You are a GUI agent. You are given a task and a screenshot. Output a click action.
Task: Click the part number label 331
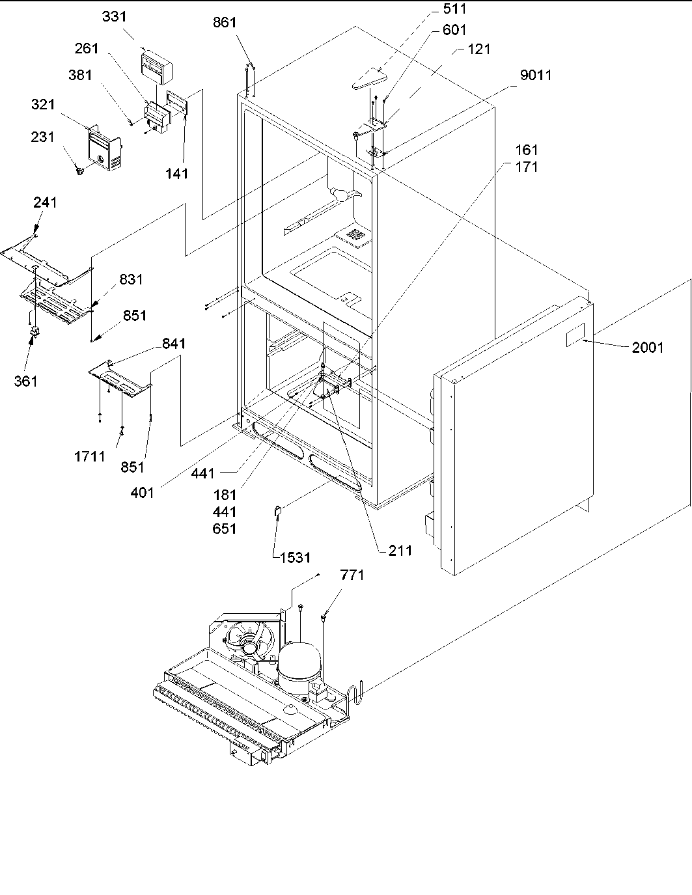click(x=115, y=18)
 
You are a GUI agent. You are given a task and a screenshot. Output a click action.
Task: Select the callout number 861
click(x=225, y=23)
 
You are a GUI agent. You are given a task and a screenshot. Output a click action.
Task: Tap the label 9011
click(x=535, y=76)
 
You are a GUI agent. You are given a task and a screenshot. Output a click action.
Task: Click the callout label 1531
click(x=295, y=557)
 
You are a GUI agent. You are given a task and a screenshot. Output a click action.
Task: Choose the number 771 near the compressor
click(x=352, y=575)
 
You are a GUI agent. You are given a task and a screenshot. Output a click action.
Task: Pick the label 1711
click(x=89, y=456)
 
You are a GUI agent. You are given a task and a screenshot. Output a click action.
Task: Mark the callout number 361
click(x=26, y=381)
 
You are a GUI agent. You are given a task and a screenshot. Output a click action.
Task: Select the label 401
click(x=142, y=492)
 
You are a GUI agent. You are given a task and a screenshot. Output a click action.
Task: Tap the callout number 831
click(x=131, y=279)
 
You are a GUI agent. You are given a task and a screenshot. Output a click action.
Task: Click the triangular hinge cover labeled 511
click(x=368, y=77)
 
